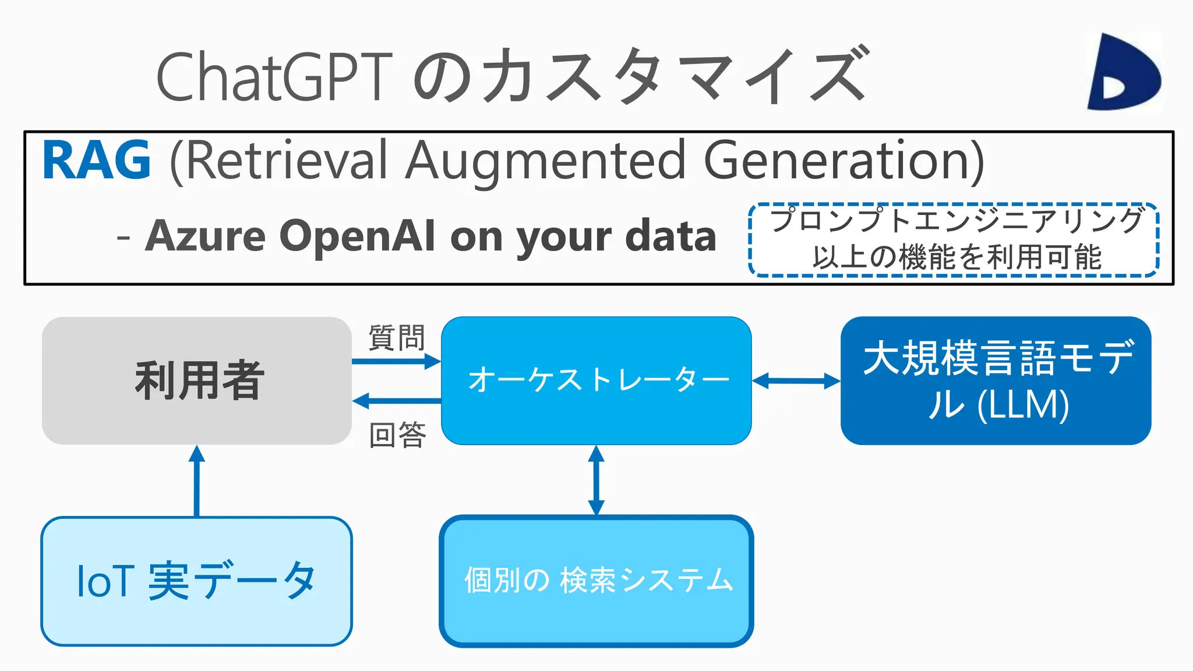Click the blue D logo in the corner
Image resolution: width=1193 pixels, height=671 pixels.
[x=1123, y=72]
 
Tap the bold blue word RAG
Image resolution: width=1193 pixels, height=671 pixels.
[x=97, y=160]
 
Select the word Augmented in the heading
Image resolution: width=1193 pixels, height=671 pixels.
[x=546, y=160]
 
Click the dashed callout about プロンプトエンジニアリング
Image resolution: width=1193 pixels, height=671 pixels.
[x=954, y=239]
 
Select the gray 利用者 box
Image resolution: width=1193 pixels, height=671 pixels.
[x=197, y=380]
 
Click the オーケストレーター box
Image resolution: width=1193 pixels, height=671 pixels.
[x=596, y=380]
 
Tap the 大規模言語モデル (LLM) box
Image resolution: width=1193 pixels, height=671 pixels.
[x=996, y=380]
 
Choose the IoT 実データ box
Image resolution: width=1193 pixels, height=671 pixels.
[x=197, y=581]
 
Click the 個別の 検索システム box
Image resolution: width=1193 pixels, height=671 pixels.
[x=596, y=581]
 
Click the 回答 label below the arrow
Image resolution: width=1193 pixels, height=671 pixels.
[x=398, y=435]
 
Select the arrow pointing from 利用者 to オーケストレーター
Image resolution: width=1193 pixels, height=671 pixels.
[x=396, y=362]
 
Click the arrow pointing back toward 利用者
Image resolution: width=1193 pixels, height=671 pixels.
[x=396, y=401]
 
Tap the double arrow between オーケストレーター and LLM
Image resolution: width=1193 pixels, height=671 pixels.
[x=796, y=382]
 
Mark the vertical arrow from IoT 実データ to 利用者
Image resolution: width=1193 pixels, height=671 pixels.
[x=197, y=481]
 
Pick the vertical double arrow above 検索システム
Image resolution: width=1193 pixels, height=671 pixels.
[x=596, y=480]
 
